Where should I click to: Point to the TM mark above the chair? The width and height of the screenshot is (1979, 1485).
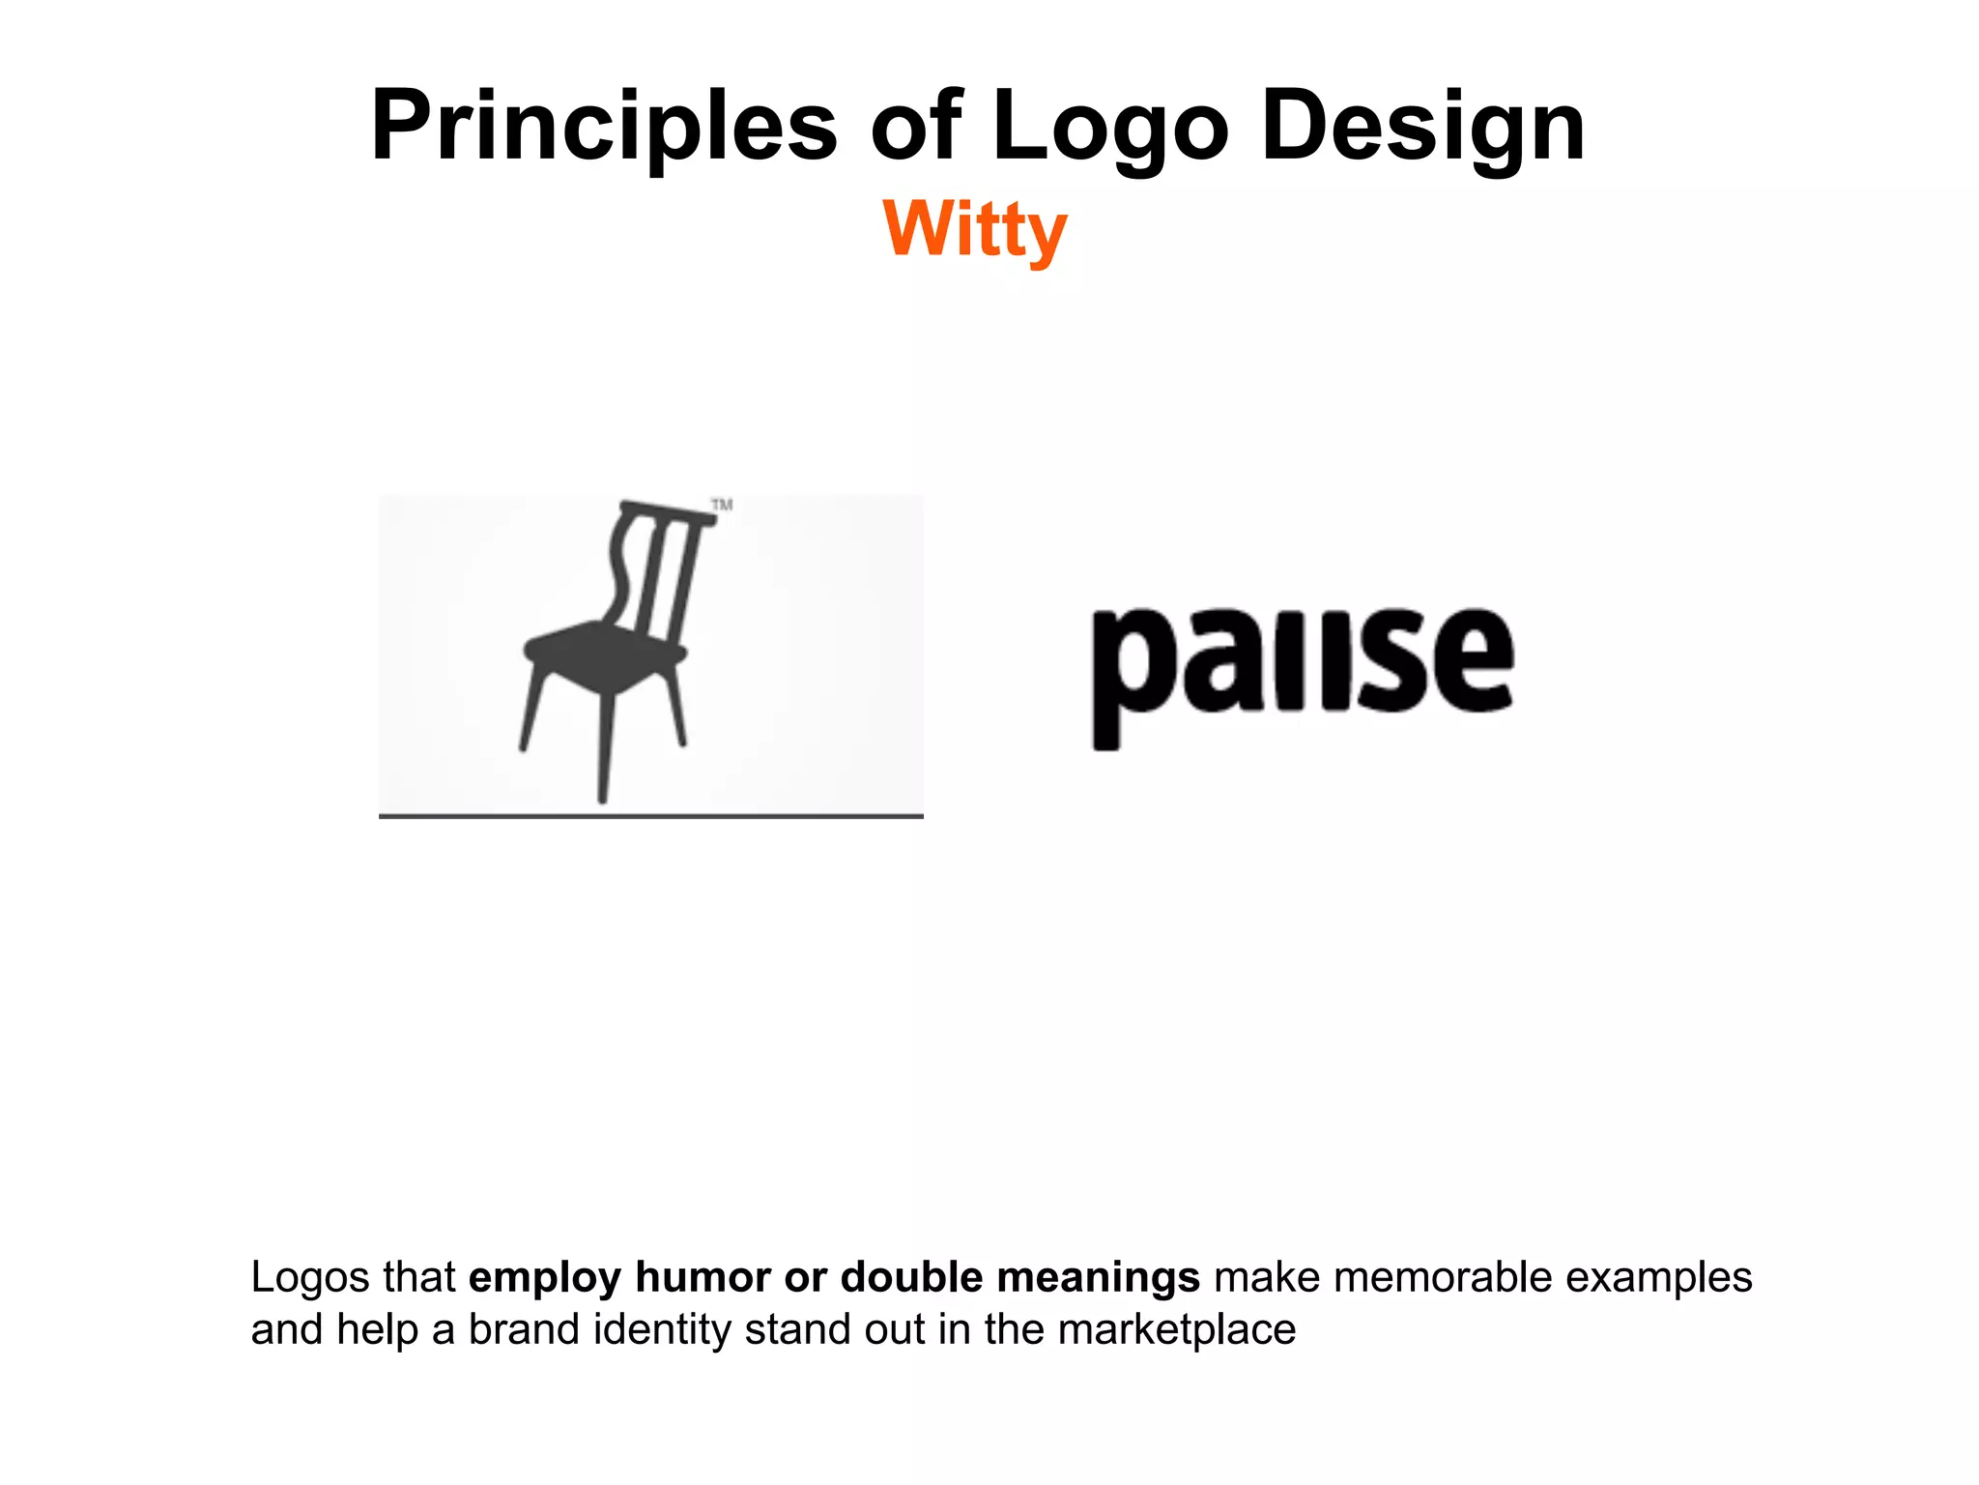point(722,505)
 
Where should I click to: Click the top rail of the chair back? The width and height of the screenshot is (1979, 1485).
point(667,512)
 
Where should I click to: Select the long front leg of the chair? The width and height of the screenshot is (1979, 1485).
point(605,744)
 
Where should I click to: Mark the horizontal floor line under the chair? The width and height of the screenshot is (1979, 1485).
point(650,816)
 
